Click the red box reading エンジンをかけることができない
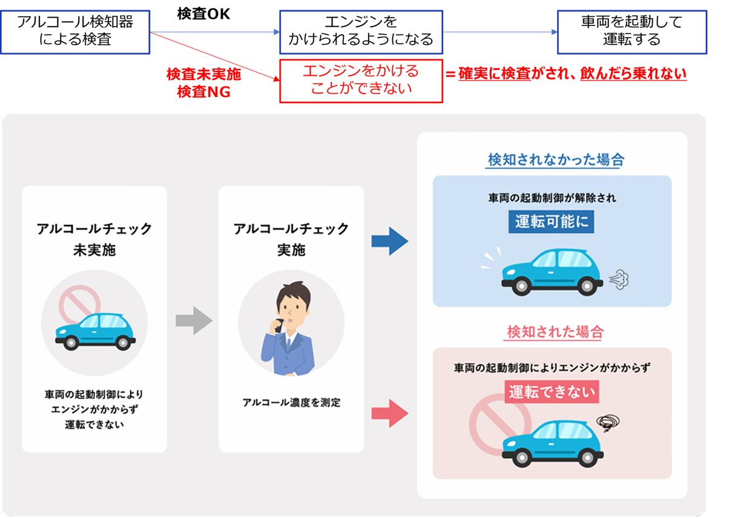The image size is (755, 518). (361, 81)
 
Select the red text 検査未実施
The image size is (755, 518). (203, 75)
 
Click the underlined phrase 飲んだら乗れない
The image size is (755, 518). (633, 75)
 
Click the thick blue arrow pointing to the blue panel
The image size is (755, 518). (390, 242)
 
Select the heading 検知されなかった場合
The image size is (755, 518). (556, 160)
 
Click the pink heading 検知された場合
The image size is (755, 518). (555, 332)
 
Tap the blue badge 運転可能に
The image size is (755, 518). (551, 222)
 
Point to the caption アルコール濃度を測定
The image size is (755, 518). (291, 402)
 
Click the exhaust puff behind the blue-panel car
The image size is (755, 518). (618, 279)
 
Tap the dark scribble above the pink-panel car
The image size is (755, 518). (608, 422)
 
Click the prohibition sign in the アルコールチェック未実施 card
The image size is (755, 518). (79, 306)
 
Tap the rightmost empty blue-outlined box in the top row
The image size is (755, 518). (631, 32)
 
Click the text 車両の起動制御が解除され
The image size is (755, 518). (552, 198)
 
